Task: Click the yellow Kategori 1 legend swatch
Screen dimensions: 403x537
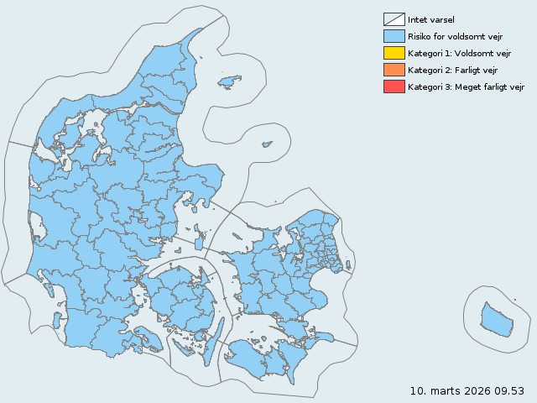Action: (x=394, y=53)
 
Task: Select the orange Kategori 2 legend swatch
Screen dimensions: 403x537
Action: (x=394, y=70)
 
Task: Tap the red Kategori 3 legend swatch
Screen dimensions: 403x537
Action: (x=394, y=86)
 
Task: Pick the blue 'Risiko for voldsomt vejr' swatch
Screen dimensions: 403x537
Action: (x=394, y=36)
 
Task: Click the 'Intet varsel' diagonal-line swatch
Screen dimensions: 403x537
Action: (x=394, y=19)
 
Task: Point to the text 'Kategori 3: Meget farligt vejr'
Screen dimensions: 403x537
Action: (x=466, y=86)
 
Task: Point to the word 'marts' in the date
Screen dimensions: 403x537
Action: (x=444, y=391)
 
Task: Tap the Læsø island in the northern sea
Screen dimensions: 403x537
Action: (x=227, y=81)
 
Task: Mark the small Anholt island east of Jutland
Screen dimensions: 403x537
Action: (x=267, y=144)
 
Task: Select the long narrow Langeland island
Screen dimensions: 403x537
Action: (x=213, y=341)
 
